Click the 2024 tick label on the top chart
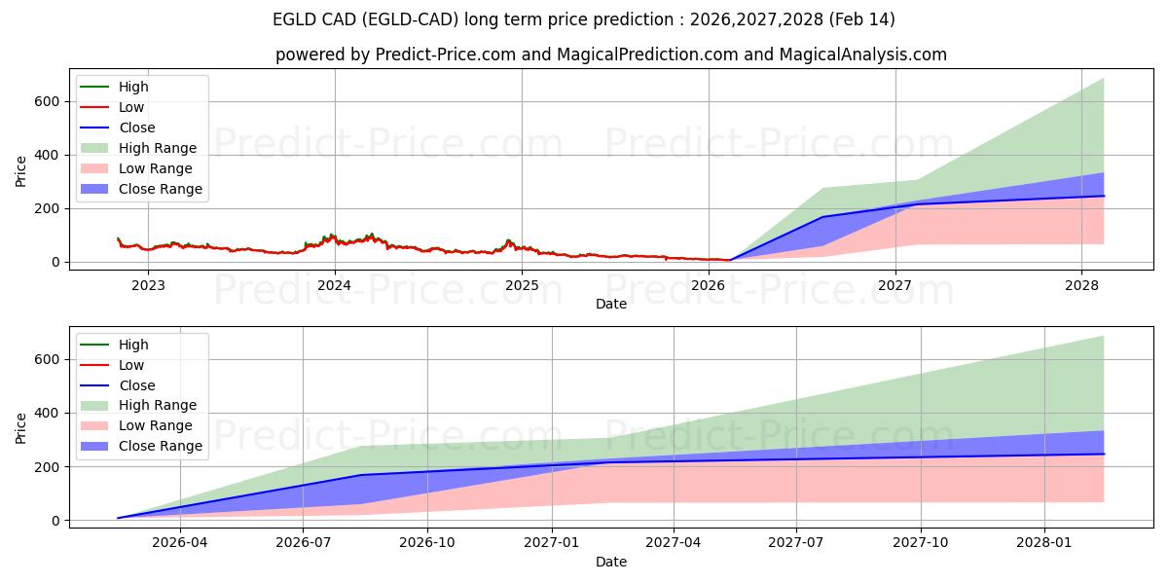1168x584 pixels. (335, 285)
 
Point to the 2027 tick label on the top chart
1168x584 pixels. (894, 285)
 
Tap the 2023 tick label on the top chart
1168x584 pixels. (148, 285)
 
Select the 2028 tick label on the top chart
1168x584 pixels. (1081, 285)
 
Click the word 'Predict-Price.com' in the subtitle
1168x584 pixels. (446, 55)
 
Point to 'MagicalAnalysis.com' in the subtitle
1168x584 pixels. (862, 55)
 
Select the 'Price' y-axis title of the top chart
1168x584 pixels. (21, 171)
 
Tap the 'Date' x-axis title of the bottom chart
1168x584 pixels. (610, 562)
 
